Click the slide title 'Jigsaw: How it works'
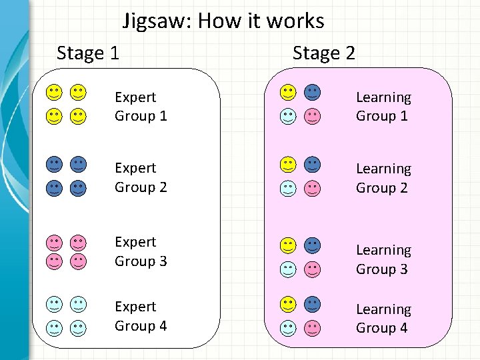point(223,21)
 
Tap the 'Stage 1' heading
point(88,53)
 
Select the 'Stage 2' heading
point(324,53)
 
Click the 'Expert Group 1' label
point(140,107)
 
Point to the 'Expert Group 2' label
point(140,177)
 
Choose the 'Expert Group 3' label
point(140,251)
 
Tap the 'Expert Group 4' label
point(140,316)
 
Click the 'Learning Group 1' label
point(383,107)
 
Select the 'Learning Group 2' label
point(383,179)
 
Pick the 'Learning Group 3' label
point(383,259)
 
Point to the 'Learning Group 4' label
point(383,319)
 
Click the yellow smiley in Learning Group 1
point(288,92)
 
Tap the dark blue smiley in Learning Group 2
point(312,164)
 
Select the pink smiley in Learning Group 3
point(312,269)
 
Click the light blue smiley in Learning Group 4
point(288,328)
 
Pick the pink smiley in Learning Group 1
point(312,117)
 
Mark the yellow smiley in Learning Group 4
point(288,304)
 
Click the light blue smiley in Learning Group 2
point(288,188)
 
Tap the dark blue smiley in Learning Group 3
point(312,245)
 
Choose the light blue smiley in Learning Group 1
point(288,117)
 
